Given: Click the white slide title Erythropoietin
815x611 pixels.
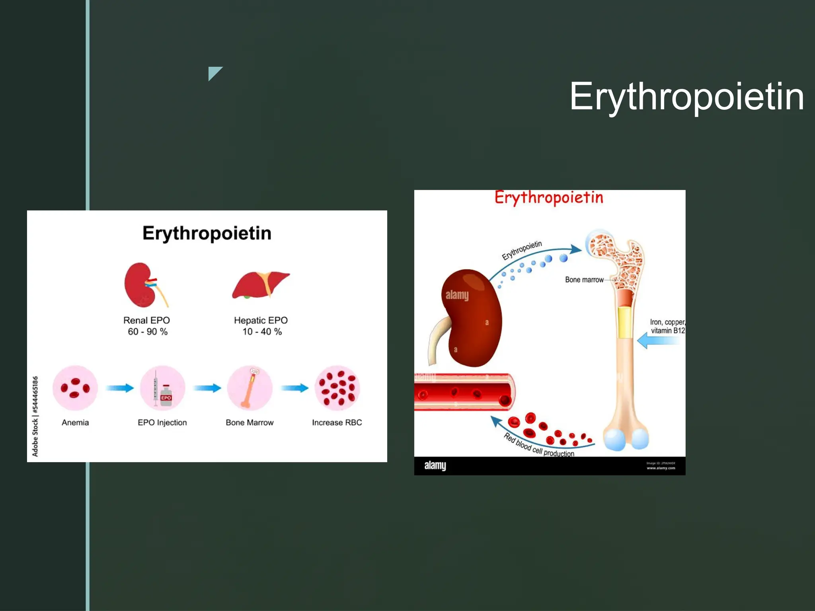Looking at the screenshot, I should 686,96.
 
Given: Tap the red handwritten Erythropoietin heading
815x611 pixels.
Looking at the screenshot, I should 549,198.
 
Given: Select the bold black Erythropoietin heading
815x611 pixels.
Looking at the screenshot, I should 207,233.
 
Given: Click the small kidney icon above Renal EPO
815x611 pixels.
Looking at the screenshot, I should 144,285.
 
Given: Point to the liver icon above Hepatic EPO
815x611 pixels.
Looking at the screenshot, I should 261,285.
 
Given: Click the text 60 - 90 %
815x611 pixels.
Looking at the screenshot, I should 148,332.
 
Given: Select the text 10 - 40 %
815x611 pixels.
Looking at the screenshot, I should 262,332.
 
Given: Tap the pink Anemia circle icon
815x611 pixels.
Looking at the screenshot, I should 75,388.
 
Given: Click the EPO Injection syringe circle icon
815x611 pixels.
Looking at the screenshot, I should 162,388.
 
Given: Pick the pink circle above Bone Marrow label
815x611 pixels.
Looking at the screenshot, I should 250,388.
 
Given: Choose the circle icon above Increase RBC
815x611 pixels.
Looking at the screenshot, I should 337,388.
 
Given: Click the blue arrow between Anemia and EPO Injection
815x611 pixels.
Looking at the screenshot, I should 119,388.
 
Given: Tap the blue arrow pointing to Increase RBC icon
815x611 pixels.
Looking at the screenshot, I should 294,388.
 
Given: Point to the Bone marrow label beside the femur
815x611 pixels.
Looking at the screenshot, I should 584,280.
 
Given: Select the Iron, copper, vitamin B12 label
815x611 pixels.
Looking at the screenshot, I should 667,326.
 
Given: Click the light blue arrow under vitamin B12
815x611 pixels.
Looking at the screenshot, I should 659,341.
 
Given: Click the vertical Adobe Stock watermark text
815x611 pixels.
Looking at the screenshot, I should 35,416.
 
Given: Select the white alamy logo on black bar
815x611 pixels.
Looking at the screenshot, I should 435,465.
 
